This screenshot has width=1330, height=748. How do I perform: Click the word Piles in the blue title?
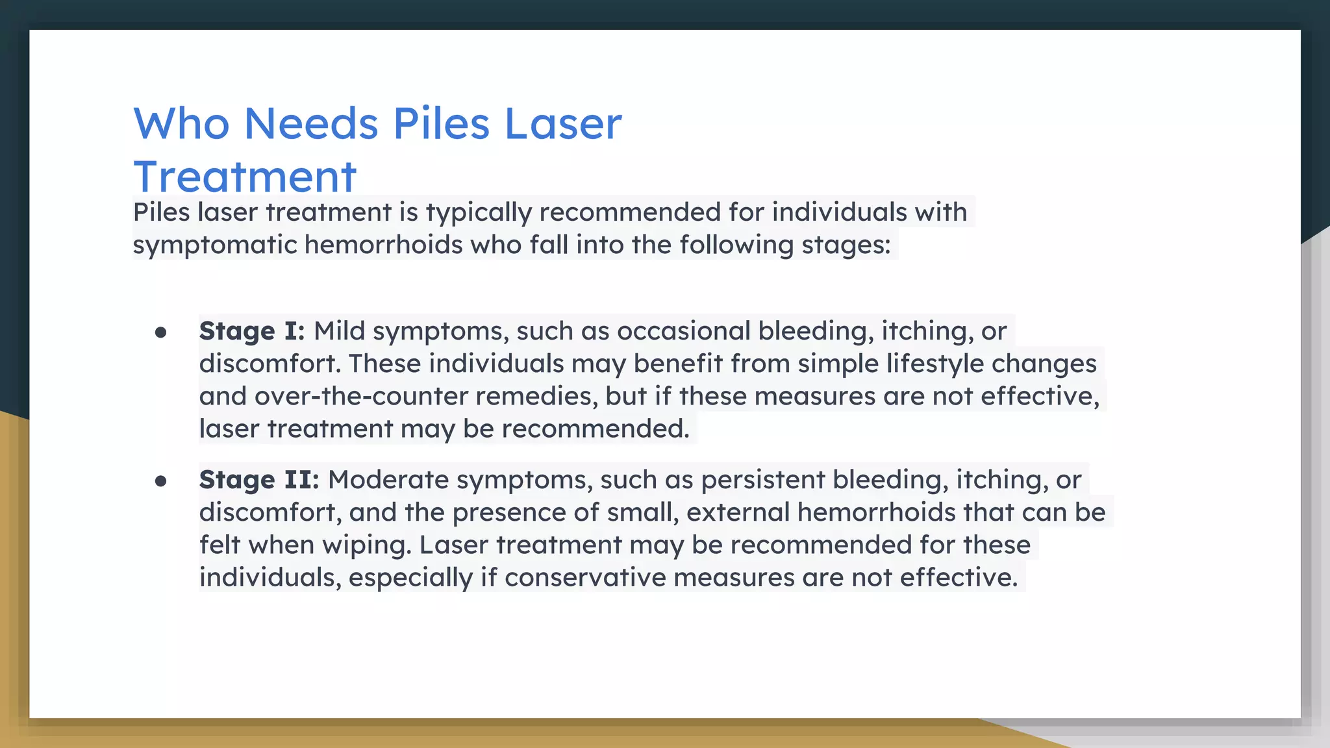click(x=441, y=123)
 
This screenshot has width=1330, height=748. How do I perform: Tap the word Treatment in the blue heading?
click(x=245, y=177)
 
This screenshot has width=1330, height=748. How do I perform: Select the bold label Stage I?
click(x=252, y=331)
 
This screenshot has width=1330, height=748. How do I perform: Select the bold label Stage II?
click(x=259, y=480)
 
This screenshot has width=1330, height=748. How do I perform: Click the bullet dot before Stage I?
click(x=161, y=333)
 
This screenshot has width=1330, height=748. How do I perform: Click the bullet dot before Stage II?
click(x=161, y=482)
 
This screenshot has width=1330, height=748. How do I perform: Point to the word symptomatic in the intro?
click(x=214, y=245)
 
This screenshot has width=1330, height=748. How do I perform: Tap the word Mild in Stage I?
click(x=340, y=331)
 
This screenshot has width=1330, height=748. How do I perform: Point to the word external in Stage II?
click(x=738, y=512)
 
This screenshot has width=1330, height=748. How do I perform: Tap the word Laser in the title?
click(x=563, y=123)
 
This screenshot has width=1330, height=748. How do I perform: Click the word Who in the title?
click(x=181, y=123)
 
